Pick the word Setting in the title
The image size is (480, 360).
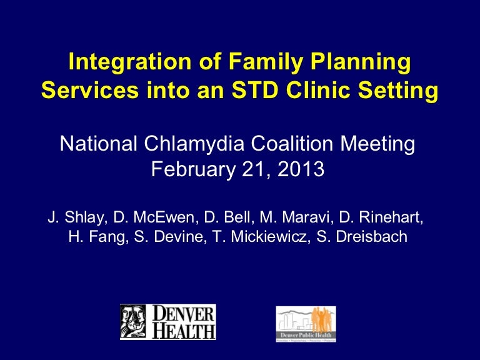(x=400, y=91)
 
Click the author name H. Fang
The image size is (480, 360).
(x=96, y=237)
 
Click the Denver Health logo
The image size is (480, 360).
(x=167, y=322)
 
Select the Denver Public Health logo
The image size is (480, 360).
(x=306, y=324)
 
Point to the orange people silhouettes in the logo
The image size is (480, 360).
(x=320, y=319)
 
